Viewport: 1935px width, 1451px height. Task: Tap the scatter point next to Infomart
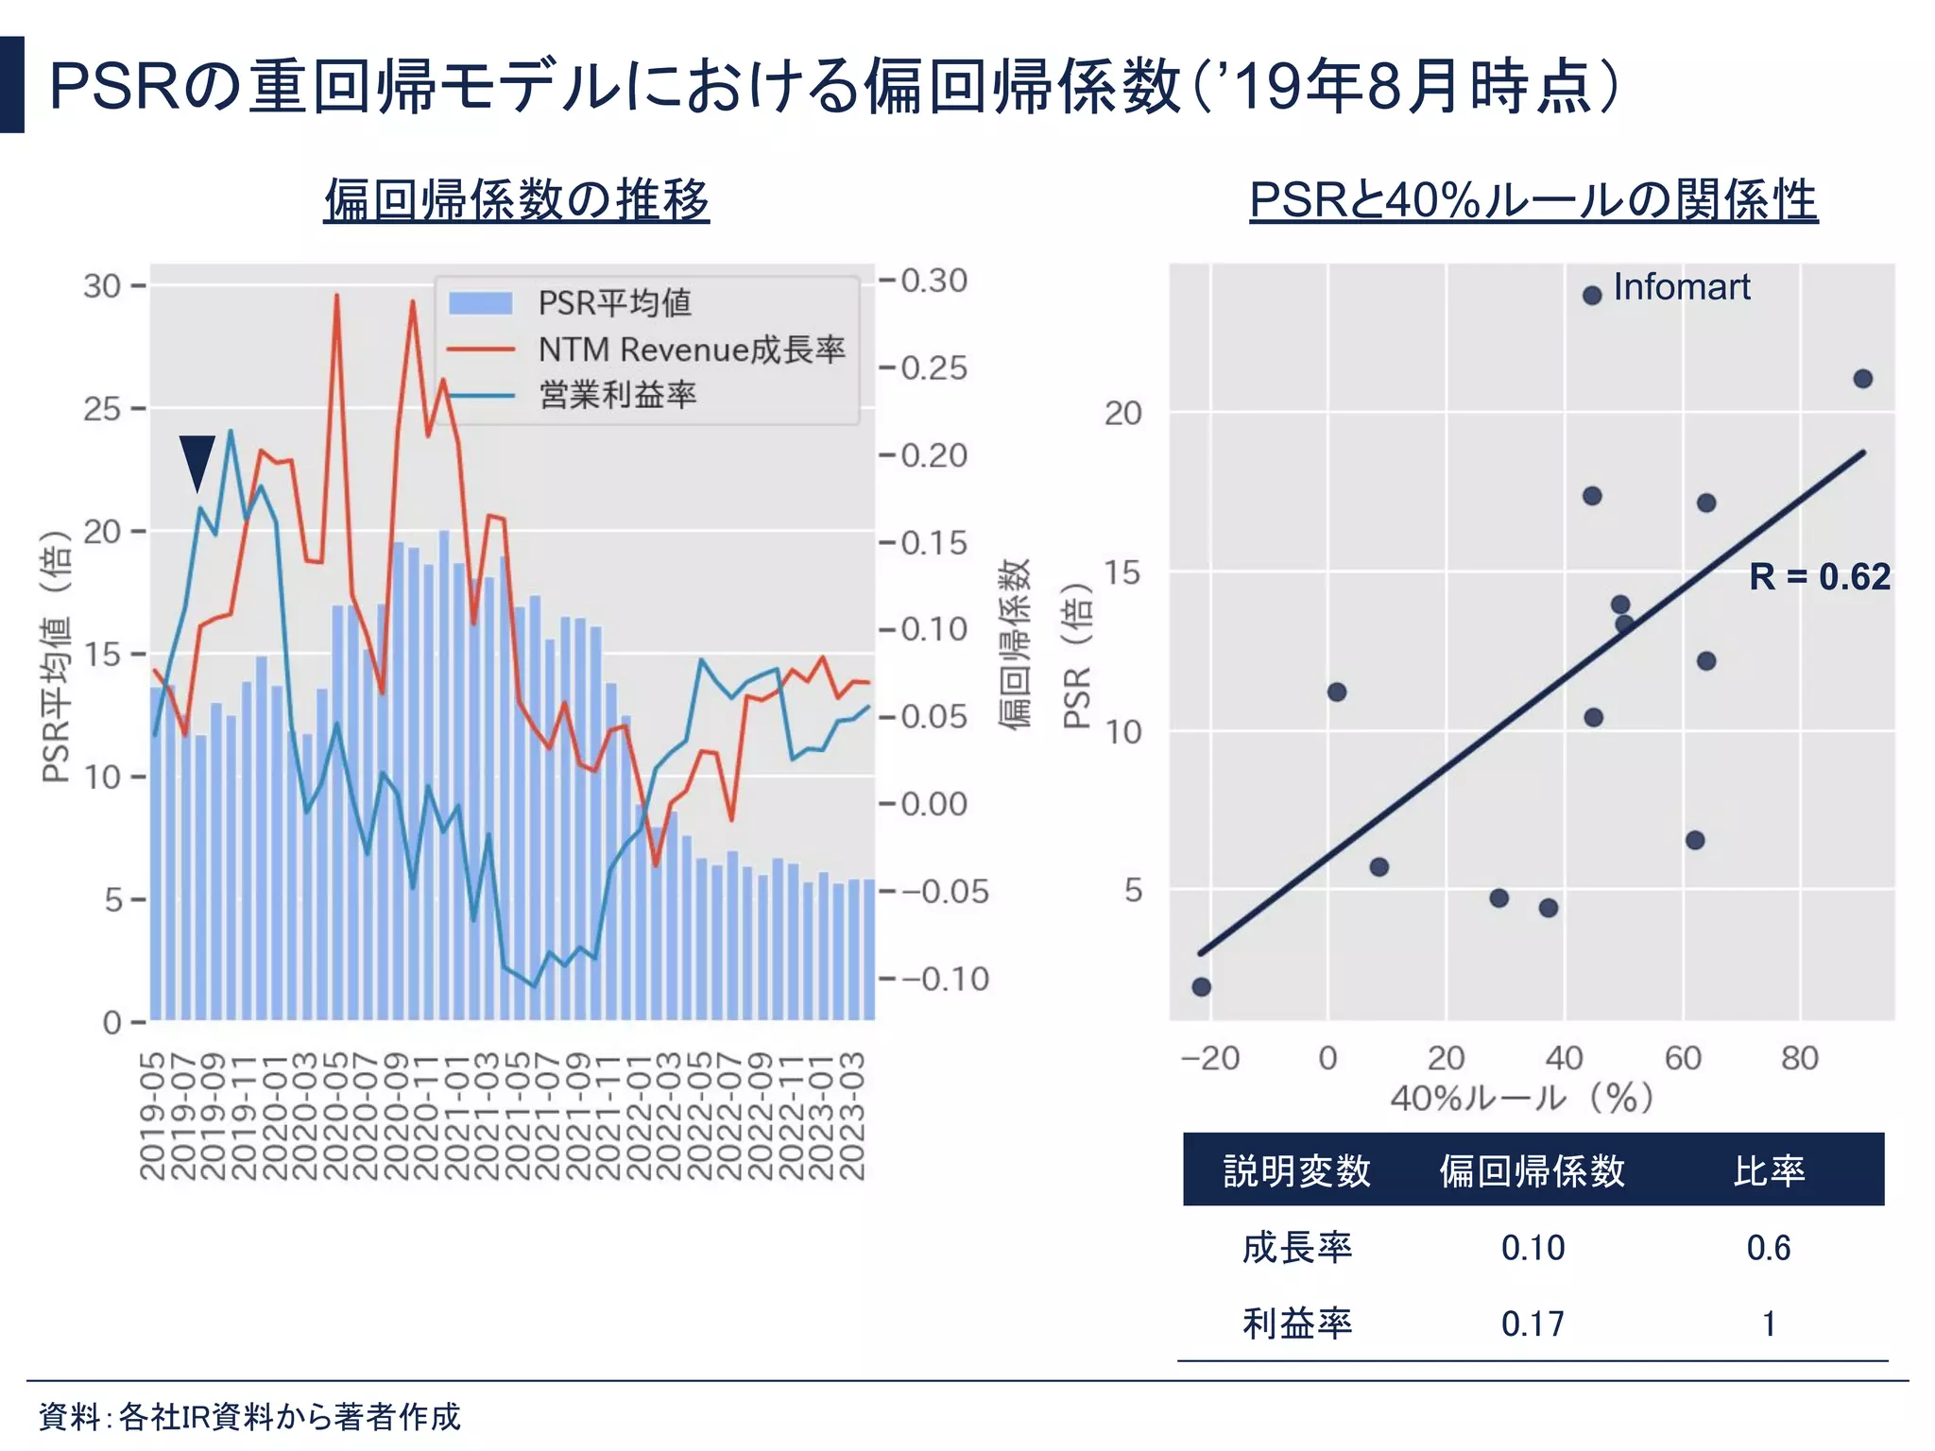pos(1592,296)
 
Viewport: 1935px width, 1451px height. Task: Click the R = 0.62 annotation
pos(1819,577)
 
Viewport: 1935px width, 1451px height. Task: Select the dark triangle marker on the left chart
pos(197,460)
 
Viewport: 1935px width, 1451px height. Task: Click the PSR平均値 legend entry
pos(614,303)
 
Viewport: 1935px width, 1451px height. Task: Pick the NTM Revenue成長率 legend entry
pos(691,350)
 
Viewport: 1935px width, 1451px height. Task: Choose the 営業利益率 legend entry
pos(617,395)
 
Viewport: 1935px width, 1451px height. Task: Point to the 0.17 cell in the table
pos(1532,1324)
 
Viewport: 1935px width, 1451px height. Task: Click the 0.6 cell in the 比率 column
pos(1768,1248)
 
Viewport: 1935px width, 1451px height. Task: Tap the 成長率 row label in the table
pos(1296,1248)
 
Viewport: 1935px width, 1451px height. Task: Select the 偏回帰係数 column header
pos(1532,1171)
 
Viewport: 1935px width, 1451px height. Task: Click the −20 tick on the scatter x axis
pos(1210,1058)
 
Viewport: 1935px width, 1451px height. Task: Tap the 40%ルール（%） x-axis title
pos(1521,1099)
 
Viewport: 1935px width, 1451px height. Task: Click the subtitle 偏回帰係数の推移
pos(516,200)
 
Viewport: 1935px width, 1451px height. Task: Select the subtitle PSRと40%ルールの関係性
pos(1533,200)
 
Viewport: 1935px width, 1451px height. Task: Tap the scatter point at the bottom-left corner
pos(1201,987)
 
